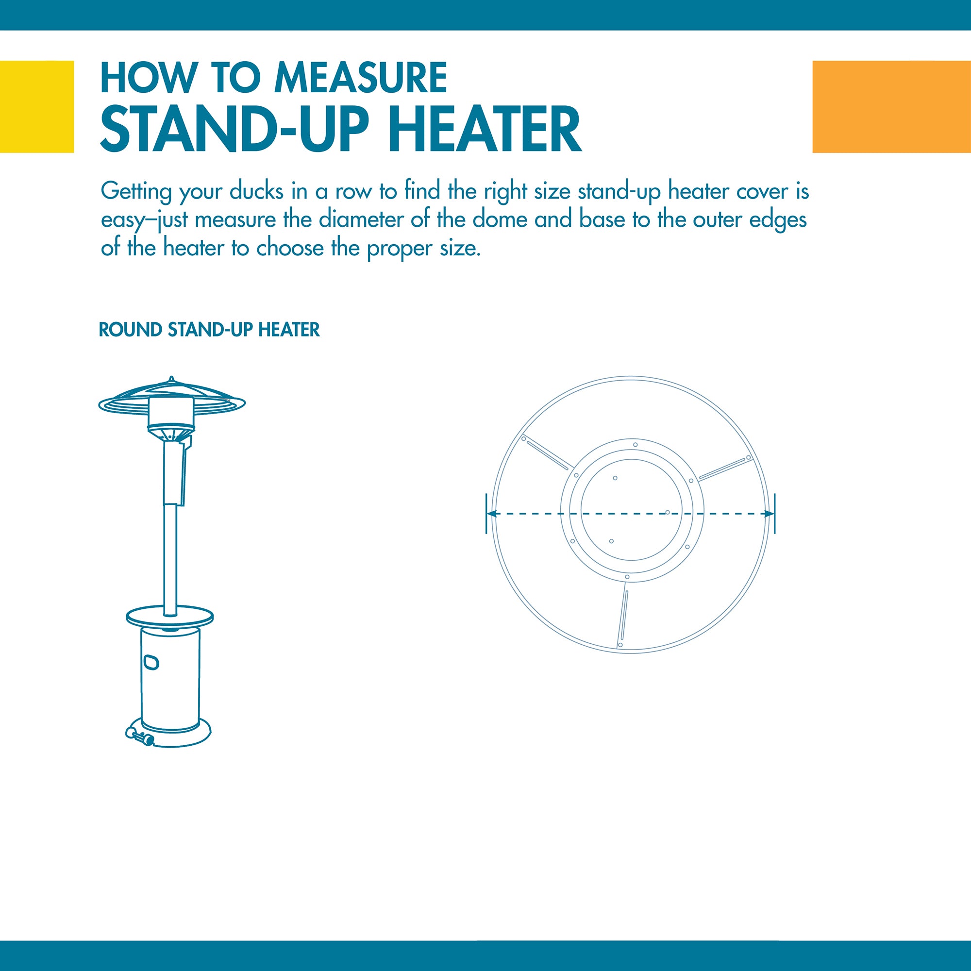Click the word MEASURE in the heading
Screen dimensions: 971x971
pos(360,77)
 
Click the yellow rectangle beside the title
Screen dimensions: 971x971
pos(37,106)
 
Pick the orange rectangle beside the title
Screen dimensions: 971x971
pos(891,106)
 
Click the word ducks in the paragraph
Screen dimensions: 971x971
pos(256,191)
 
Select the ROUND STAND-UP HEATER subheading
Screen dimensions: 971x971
pos(209,330)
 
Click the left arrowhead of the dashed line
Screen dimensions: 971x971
pos(492,514)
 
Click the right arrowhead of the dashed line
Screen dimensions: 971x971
pos(769,514)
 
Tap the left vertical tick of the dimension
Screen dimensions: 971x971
pos(486,514)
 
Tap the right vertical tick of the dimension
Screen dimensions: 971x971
pos(774,514)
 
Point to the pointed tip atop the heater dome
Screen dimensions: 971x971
pos(171,378)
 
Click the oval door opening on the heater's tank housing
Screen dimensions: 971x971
pos(151,662)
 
